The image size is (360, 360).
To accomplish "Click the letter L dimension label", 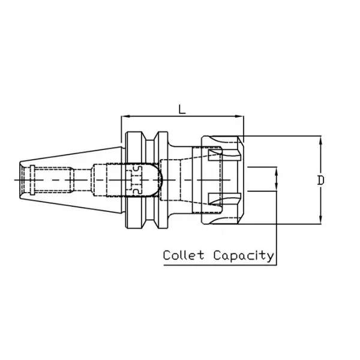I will (x=181, y=108).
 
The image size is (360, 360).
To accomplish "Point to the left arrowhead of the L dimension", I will (x=124, y=116).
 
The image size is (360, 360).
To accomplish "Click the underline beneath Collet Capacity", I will (x=218, y=263).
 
